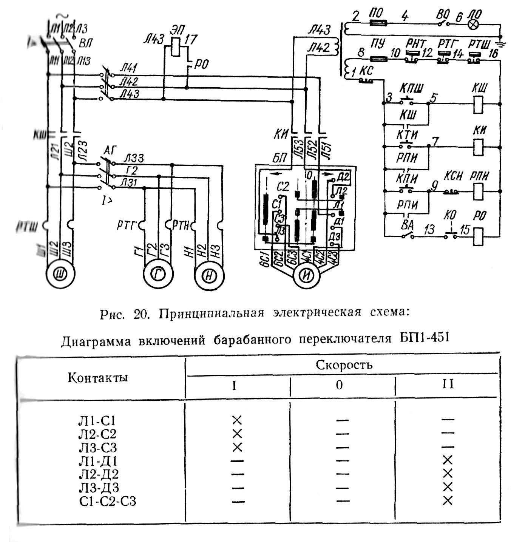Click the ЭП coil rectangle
pos(176,47)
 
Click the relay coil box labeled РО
pos(479,236)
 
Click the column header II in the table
pos(448,384)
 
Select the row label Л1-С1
pos(97,420)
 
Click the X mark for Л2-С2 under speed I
pos(237,433)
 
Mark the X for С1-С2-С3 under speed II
pos(448,500)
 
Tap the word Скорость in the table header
pos(344,365)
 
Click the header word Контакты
pos(98,377)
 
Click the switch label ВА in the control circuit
pos(407,225)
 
